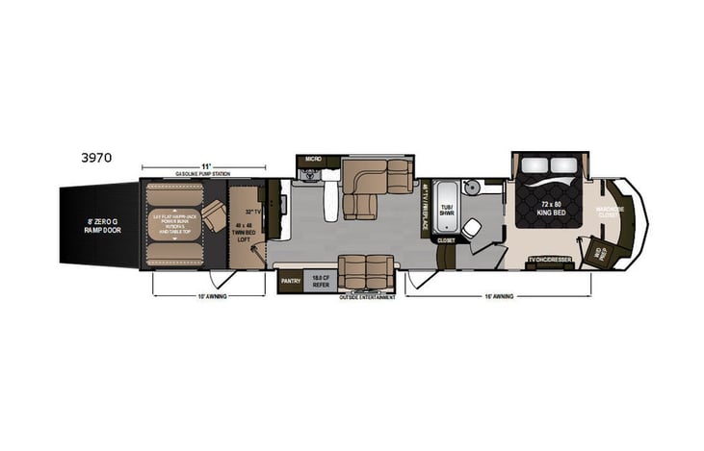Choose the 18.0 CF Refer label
[320, 282]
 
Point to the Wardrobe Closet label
[611, 212]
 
